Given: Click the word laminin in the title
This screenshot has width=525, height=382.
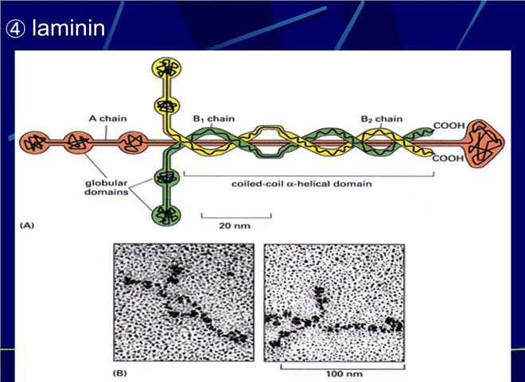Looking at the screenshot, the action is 68,28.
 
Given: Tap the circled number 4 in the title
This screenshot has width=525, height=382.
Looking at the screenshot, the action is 15,29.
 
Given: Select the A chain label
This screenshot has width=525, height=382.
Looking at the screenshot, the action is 108,119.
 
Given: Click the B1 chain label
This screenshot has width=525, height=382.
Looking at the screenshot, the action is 214,119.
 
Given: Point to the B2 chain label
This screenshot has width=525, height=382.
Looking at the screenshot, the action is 381,119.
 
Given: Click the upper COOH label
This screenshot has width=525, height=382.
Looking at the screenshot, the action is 449,126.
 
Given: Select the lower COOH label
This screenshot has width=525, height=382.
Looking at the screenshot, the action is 448,158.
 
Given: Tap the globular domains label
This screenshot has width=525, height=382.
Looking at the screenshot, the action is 106,188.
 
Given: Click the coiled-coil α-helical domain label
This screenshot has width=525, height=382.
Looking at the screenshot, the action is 301,184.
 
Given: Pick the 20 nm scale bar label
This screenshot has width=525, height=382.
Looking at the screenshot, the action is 235,226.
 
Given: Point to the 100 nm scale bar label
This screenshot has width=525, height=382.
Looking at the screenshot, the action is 344,373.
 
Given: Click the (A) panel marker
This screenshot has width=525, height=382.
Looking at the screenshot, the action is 27,225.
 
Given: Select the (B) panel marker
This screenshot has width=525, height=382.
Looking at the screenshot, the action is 120,373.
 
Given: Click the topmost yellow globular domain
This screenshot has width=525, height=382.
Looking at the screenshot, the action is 166,68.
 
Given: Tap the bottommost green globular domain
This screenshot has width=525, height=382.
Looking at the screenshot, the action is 166,215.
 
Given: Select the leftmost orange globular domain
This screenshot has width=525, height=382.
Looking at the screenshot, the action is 34,143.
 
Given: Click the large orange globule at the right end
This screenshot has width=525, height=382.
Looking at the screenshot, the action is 484,143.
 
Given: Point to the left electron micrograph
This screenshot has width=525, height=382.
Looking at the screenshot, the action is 184,302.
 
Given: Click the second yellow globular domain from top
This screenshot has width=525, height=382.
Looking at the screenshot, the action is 167,106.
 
